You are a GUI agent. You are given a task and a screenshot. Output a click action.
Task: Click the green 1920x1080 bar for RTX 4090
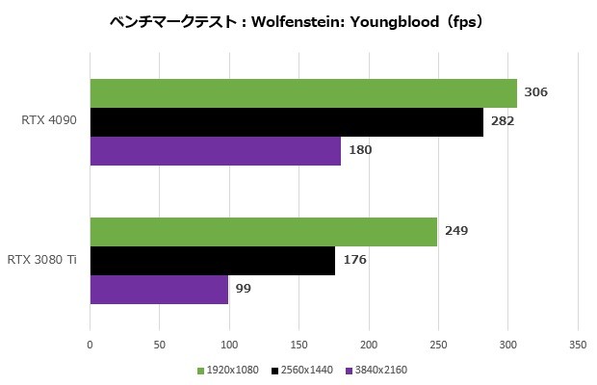(x=303, y=93)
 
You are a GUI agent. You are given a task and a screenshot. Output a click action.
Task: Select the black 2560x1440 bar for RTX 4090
(x=286, y=122)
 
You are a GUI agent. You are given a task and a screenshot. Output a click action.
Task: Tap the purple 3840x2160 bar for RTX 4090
(x=216, y=151)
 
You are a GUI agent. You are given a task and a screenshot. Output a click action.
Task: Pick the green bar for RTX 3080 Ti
(x=263, y=232)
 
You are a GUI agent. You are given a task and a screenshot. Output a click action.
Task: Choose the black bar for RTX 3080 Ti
(x=212, y=261)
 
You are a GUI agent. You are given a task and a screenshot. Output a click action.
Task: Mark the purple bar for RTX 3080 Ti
(x=159, y=290)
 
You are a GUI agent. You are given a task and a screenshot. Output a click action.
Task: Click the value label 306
(x=534, y=93)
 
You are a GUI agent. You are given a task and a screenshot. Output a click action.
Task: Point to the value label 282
(x=502, y=122)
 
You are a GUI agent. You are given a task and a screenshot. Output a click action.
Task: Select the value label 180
(x=360, y=150)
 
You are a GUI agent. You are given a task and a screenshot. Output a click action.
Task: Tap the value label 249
(x=455, y=232)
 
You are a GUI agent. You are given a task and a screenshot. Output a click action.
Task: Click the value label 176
(x=354, y=260)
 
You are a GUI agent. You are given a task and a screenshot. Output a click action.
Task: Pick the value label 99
(x=243, y=289)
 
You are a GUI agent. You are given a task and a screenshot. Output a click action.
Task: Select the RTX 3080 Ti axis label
(x=43, y=260)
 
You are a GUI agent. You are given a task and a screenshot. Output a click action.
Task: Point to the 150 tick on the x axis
(x=298, y=343)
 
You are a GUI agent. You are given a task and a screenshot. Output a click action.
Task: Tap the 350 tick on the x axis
(x=578, y=343)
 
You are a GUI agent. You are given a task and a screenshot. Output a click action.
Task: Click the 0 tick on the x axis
(x=90, y=343)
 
